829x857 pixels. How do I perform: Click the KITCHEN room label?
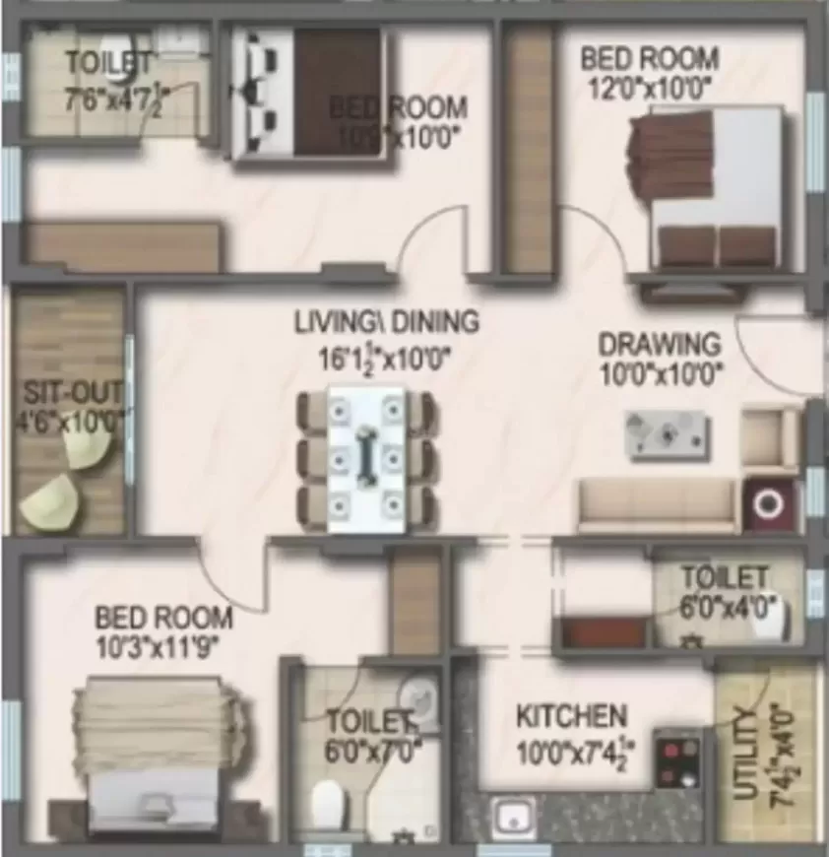pyautogui.click(x=571, y=714)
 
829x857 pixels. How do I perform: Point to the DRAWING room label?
pyautogui.click(x=660, y=345)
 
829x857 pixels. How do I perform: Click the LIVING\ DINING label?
pyautogui.click(x=387, y=321)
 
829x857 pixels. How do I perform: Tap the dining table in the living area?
pyautogui.click(x=365, y=459)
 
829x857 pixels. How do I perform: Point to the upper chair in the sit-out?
pyautogui.click(x=89, y=449)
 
